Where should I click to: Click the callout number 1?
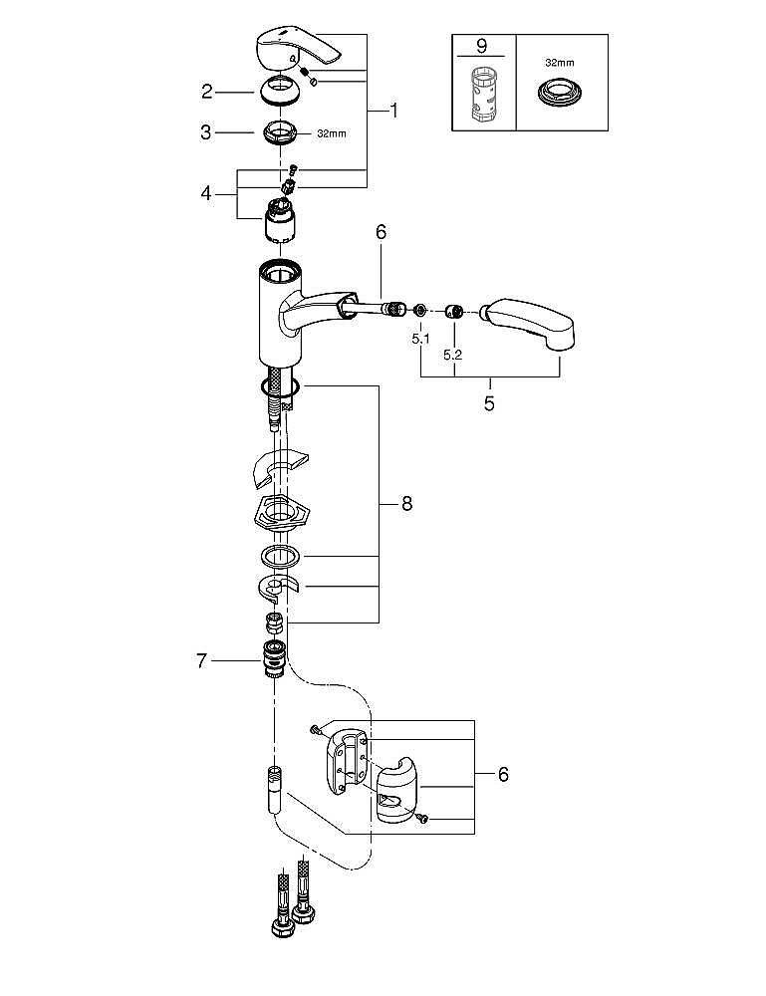pyautogui.click(x=394, y=112)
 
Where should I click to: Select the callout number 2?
pyautogui.click(x=207, y=92)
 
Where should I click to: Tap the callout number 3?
pyautogui.click(x=206, y=132)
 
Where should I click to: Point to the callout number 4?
pyautogui.click(x=206, y=192)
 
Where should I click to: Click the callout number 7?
pyautogui.click(x=201, y=661)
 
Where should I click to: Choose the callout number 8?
pyautogui.click(x=406, y=504)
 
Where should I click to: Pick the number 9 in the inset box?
pyautogui.click(x=482, y=46)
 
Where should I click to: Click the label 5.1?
pyautogui.click(x=420, y=339)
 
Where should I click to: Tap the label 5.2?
pyautogui.click(x=453, y=356)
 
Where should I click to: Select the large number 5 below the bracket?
pyautogui.click(x=489, y=403)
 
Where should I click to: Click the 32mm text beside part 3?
pyautogui.click(x=332, y=134)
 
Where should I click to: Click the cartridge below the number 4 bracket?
pyautogui.click(x=280, y=219)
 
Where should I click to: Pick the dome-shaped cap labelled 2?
pyautogui.click(x=279, y=91)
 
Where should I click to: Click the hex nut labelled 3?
pyautogui.click(x=280, y=132)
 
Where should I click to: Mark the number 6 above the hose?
pyautogui.click(x=381, y=232)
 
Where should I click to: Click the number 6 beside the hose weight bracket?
pyautogui.click(x=503, y=774)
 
